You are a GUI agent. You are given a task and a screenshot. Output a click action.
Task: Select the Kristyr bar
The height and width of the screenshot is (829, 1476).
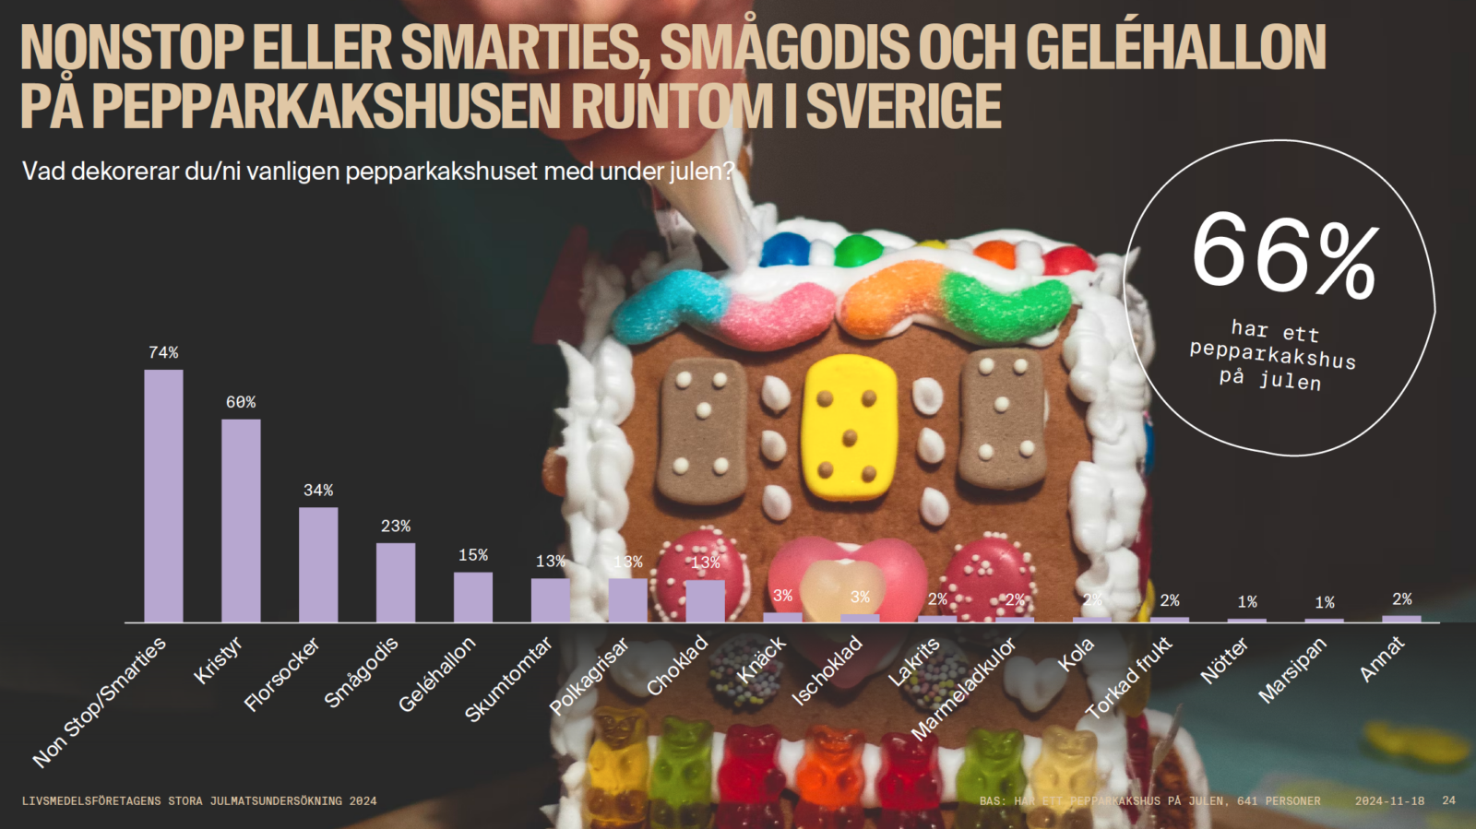(x=241, y=521)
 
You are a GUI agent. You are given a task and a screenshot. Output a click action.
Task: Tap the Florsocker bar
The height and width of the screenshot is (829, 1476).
(x=318, y=564)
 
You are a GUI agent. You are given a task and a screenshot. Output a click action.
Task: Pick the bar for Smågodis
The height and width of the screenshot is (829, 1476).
(x=396, y=583)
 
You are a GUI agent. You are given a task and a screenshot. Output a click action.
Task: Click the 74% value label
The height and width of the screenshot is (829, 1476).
(x=163, y=352)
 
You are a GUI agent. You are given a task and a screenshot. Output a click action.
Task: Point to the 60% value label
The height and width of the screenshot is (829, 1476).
(x=241, y=402)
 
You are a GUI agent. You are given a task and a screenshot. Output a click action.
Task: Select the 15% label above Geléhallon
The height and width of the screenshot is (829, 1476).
(x=473, y=555)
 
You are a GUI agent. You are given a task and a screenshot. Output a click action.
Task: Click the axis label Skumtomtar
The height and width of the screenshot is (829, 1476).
(x=508, y=679)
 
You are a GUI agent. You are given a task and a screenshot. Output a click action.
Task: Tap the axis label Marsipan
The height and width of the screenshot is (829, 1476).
(x=1292, y=670)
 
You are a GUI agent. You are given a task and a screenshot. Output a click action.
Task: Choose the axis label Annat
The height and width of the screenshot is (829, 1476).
(x=1382, y=659)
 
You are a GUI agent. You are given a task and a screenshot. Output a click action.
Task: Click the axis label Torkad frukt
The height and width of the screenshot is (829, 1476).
(x=1128, y=678)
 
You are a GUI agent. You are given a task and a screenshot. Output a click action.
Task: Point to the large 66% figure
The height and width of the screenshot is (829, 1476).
(x=1284, y=253)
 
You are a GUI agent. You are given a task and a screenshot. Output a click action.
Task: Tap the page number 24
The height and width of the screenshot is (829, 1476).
(x=1448, y=800)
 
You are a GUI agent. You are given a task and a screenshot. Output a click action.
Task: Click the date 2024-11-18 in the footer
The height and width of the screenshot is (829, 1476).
(x=1389, y=800)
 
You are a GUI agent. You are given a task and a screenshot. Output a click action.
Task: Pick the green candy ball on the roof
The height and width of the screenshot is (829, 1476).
(x=858, y=250)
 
